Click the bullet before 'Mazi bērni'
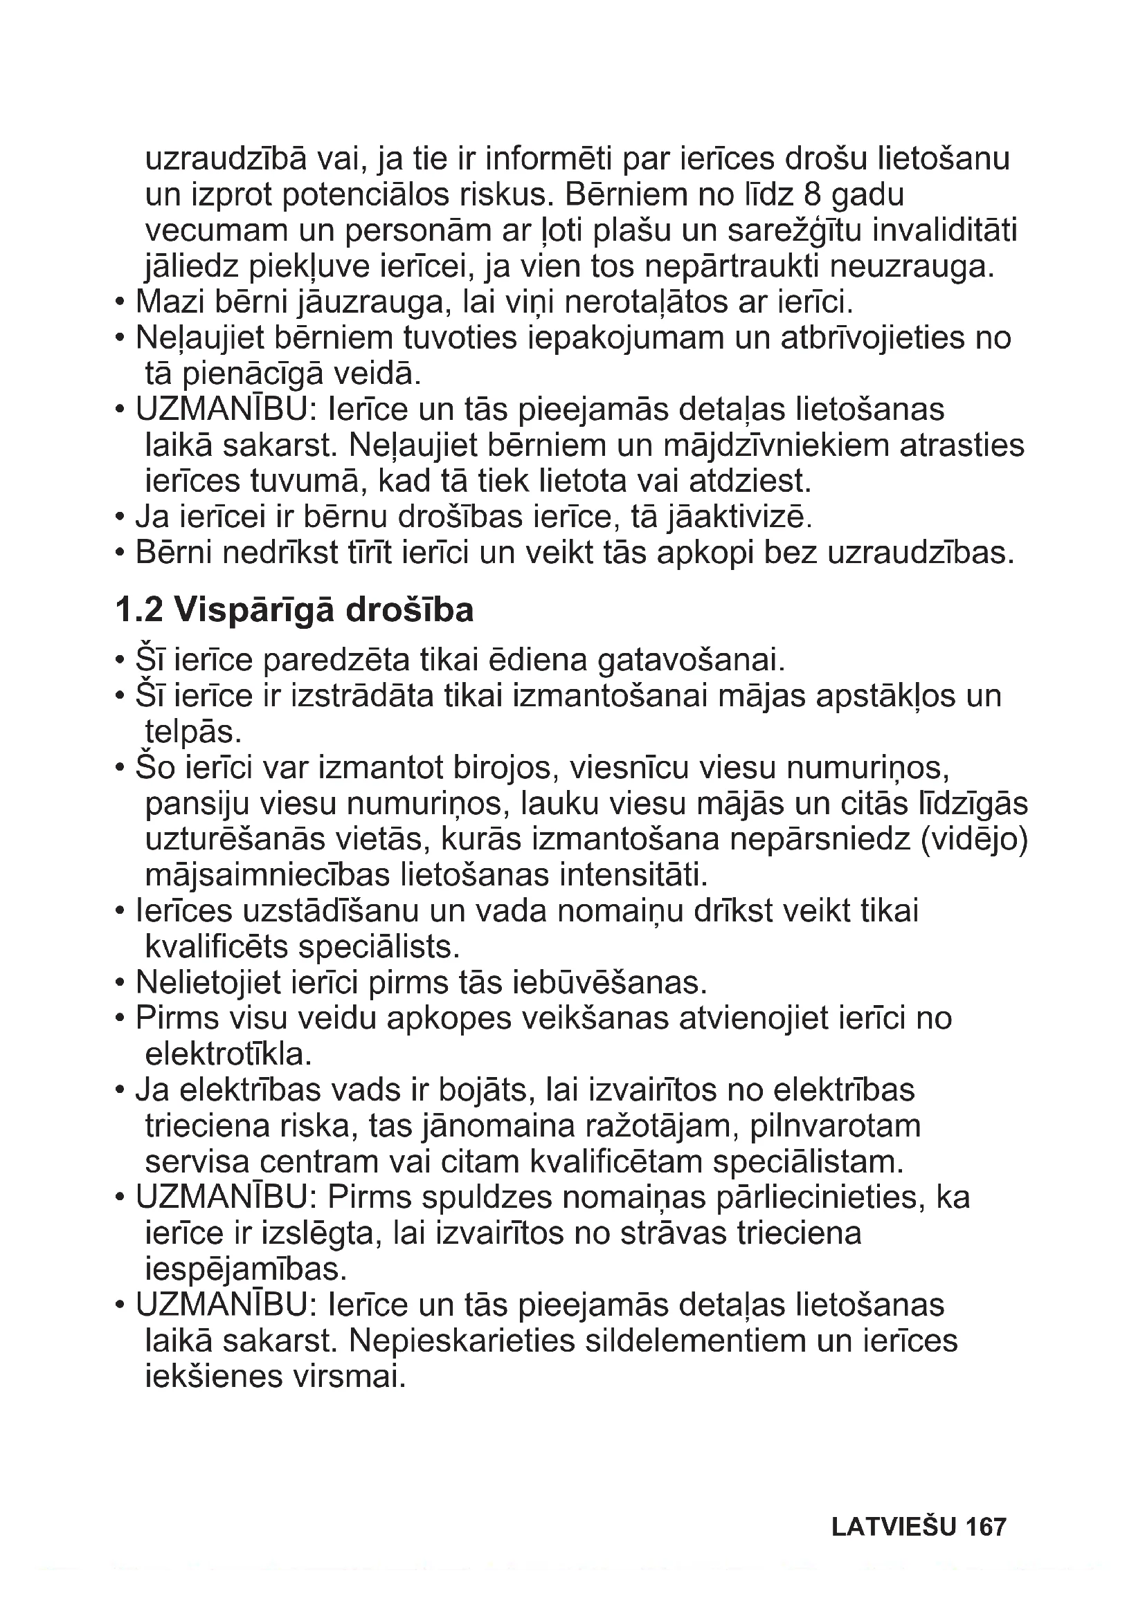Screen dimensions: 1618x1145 pyautogui.click(x=119, y=303)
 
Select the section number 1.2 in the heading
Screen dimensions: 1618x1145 pyautogui.click(x=139, y=610)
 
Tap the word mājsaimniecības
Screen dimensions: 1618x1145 pyautogui.click(x=268, y=876)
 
